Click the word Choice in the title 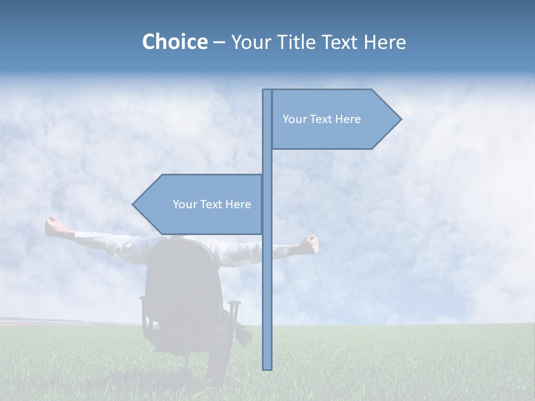click(174, 42)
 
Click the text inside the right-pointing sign click(322, 119)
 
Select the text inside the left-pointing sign click(212, 204)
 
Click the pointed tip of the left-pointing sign click(134, 204)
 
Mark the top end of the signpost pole click(267, 91)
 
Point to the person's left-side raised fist click(53, 226)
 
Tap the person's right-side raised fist click(308, 243)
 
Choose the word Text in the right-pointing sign click(322, 119)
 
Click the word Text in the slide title click(340, 42)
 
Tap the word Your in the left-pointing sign click(184, 204)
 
